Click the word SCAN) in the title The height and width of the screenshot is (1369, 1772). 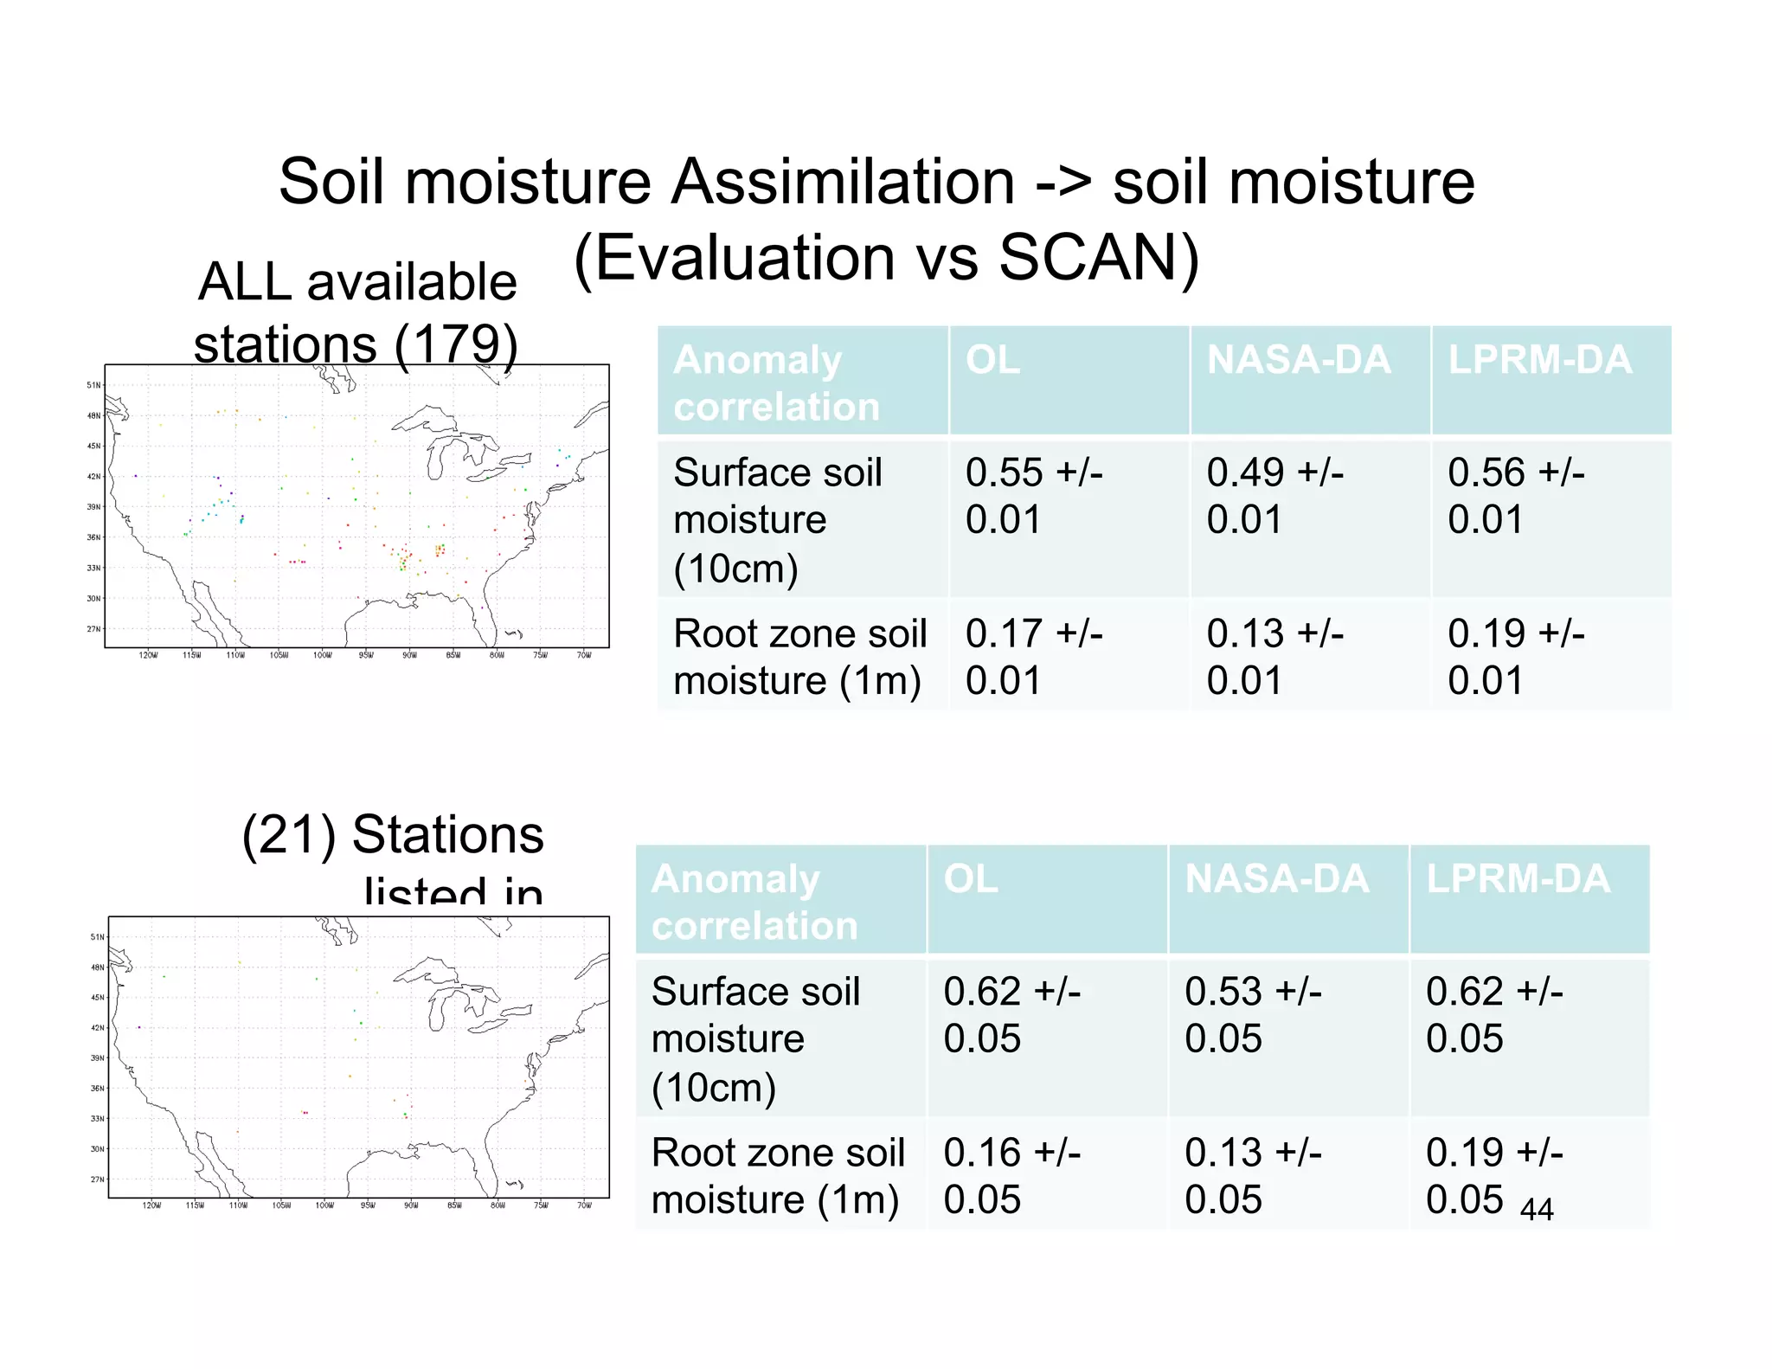(x=1099, y=258)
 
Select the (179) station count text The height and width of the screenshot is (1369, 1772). (x=456, y=344)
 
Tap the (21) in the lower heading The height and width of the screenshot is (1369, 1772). (x=289, y=835)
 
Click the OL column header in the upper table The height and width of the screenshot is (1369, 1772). (x=992, y=360)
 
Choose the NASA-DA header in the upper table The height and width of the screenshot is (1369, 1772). (x=1298, y=360)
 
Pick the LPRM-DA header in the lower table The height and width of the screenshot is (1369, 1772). (x=1518, y=878)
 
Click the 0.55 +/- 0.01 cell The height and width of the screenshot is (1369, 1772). (x=1033, y=496)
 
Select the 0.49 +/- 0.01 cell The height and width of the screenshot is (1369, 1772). (x=1274, y=496)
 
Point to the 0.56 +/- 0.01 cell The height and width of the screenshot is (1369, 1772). (x=1516, y=496)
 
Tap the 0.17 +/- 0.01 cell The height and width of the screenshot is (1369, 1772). (x=1033, y=657)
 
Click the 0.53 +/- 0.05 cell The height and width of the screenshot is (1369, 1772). (x=1252, y=1014)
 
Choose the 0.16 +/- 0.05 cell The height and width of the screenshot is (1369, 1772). (x=1011, y=1175)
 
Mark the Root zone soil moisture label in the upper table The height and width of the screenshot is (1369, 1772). (x=799, y=657)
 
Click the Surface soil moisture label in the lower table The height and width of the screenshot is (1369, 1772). (x=754, y=1038)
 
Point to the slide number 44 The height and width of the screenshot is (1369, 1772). (x=1537, y=1209)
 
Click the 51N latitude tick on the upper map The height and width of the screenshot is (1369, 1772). (x=93, y=385)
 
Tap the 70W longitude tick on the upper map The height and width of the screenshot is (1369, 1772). (x=584, y=655)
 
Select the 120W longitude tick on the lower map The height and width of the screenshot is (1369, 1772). (x=151, y=1205)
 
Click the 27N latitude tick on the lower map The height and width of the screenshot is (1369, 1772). (x=98, y=1179)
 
